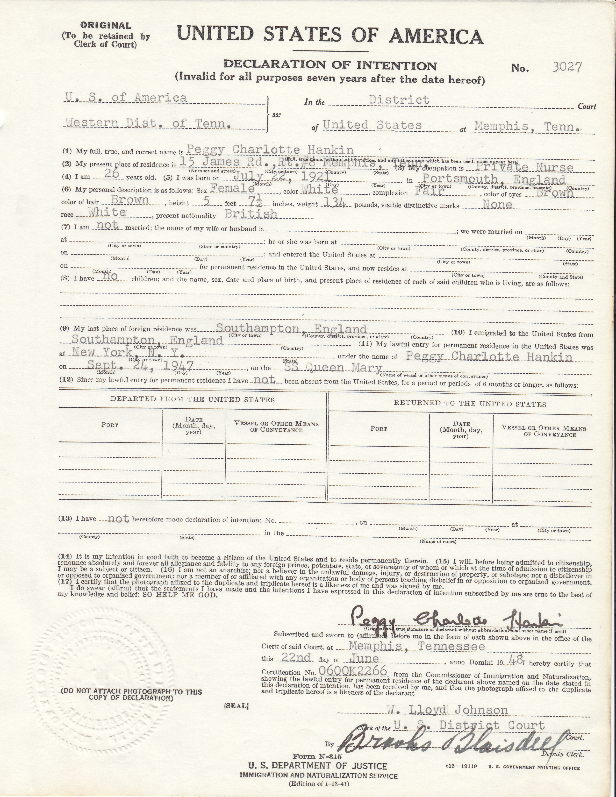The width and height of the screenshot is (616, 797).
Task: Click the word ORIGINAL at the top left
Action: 106,26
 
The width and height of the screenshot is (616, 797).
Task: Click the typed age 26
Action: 112,174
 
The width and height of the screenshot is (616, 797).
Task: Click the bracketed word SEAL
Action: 236,706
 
